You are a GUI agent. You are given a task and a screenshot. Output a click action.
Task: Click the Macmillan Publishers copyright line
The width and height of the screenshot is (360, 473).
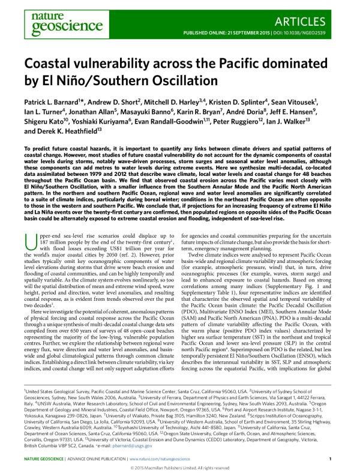[179, 468]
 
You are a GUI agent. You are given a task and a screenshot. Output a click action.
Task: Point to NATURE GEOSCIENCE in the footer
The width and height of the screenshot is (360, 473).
[45, 459]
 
